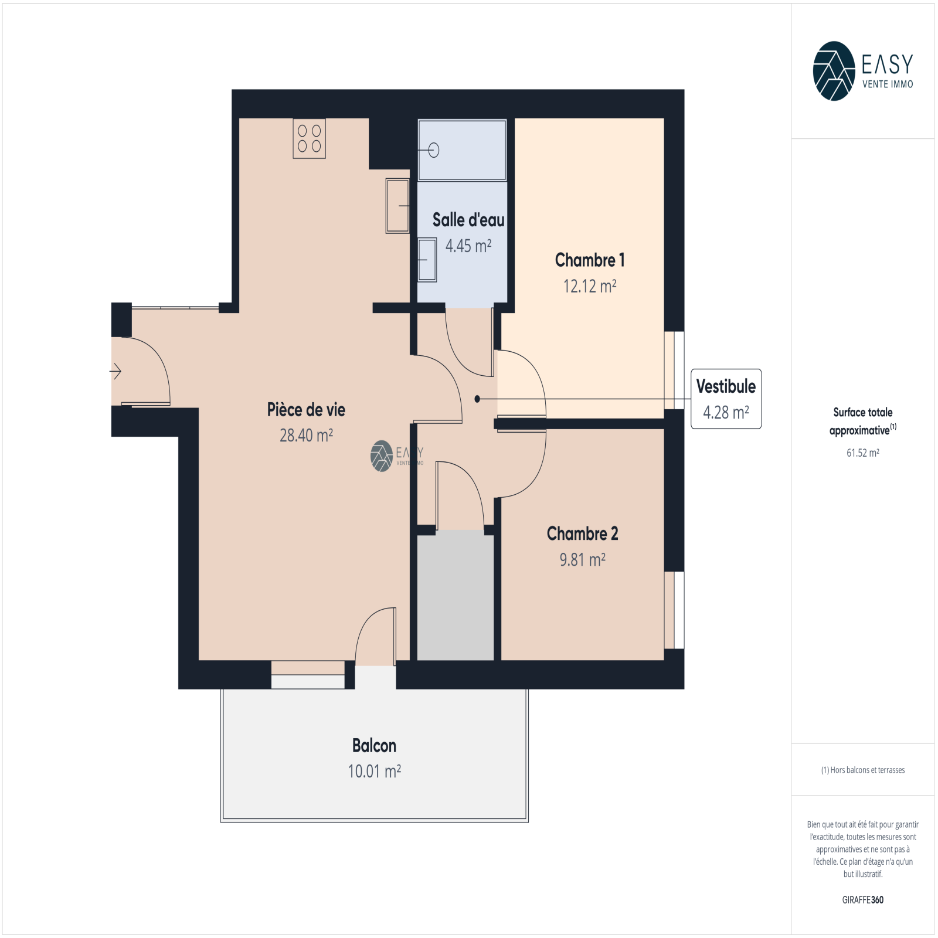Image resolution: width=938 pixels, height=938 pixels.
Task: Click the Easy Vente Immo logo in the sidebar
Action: (863, 71)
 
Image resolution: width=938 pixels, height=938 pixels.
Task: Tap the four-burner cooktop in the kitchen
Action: (310, 138)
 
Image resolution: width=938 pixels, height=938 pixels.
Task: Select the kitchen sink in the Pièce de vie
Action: (397, 206)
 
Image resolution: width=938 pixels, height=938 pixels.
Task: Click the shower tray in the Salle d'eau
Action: (462, 150)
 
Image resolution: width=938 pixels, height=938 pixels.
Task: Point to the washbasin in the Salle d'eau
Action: (427, 260)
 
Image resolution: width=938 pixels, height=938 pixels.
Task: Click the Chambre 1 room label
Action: (590, 260)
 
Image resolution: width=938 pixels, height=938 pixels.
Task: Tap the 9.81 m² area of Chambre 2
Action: (582, 560)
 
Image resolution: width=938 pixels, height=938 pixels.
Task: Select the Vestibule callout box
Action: (726, 399)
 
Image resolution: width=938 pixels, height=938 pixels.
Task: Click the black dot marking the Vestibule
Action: (477, 399)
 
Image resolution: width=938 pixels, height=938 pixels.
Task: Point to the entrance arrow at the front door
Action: (115, 371)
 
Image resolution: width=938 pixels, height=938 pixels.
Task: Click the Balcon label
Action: (374, 746)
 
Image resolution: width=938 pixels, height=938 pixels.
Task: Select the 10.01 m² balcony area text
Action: (375, 772)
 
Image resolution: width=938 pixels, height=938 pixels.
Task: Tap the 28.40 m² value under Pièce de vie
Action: (306, 436)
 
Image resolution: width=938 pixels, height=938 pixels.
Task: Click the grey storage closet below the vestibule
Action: (455, 596)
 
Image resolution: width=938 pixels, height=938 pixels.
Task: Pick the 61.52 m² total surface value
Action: (863, 453)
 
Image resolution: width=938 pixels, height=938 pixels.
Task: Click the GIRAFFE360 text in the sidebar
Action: (863, 900)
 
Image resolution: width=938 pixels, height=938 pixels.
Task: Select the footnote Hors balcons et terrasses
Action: (863, 770)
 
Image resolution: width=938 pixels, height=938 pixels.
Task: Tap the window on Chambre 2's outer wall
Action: (674, 610)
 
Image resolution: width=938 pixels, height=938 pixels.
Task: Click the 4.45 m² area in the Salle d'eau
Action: (468, 246)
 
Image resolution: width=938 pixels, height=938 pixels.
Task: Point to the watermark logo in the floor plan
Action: (397, 456)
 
